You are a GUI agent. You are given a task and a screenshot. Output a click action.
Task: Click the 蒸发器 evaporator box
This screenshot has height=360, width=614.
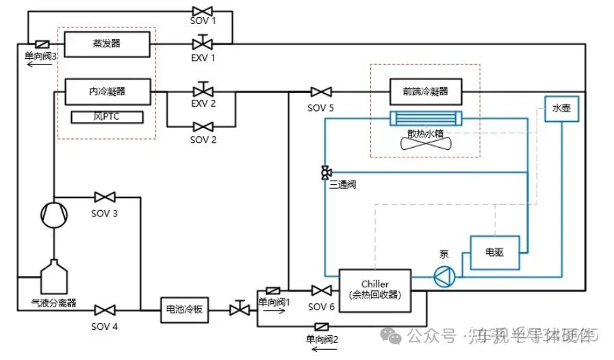point(107,43)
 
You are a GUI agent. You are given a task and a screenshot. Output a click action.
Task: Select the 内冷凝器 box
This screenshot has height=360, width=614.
point(107,90)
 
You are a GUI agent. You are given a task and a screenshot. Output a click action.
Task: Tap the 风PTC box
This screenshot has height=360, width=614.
point(107,117)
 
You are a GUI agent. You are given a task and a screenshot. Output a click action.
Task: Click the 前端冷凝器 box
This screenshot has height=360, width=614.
point(425,91)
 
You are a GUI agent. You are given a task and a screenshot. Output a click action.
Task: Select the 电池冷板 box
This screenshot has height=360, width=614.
point(184,309)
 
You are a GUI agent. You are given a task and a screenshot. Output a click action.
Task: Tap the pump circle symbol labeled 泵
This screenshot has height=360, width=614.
point(446,277)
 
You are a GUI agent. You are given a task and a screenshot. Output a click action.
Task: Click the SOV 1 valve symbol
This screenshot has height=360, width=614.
point(203,11)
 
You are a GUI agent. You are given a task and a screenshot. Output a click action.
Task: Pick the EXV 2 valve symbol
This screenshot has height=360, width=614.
point(203,91)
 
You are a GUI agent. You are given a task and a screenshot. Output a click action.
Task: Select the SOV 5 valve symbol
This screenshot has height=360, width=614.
point(320,92)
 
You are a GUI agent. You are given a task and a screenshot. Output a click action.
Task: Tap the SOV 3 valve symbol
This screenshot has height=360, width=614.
point(104,197)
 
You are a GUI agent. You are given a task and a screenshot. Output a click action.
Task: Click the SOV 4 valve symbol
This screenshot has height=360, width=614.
point(104,310)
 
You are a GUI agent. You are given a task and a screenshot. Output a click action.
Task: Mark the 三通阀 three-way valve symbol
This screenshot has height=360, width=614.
point(325,172)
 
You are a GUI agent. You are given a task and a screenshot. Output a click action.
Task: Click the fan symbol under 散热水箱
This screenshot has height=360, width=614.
point(424,141)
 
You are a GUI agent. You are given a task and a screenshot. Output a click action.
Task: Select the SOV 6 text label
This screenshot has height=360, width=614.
point(321,307)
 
